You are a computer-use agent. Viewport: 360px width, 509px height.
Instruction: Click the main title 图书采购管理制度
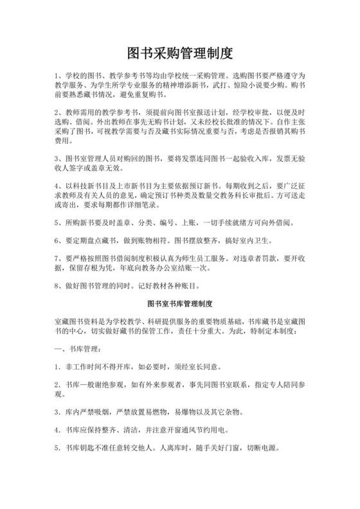179,51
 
